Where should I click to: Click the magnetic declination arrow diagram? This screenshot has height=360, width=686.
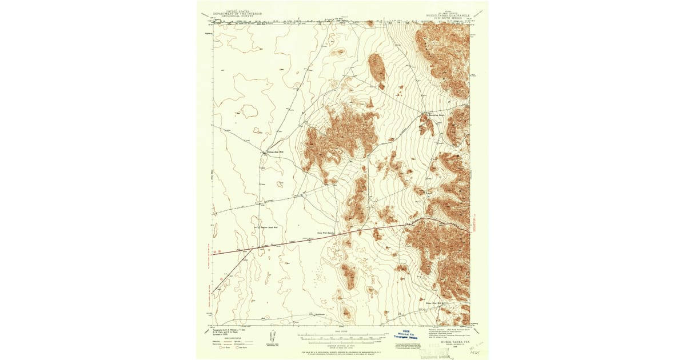(x=272, y=336)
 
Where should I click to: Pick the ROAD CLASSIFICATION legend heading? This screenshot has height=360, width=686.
(x=227, y=338)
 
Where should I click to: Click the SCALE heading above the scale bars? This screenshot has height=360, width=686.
(x=342, y=331)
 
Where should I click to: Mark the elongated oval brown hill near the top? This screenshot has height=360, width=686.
(x=377, y=68)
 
